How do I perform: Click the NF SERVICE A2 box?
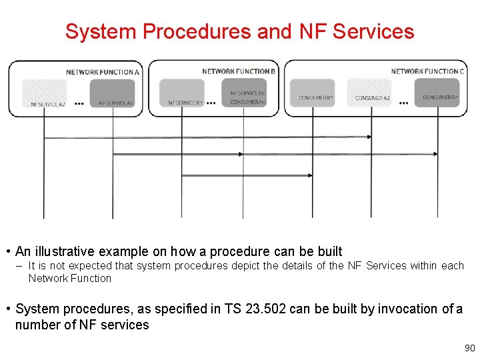pyautogui.click(x=44, y=94)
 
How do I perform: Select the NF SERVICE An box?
pyautogui.click(x=112, y=94)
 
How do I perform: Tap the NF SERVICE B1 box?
pyautogui.click(x=182, y=94)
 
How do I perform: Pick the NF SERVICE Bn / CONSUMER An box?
pyautogui.click(x=244, y=93)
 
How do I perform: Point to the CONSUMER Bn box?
pyautogui.click(x=437, y=93)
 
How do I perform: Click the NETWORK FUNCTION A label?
pyautogui.click(x=103, y=71)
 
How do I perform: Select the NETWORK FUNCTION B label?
pyautogui.click(x=239, y=71)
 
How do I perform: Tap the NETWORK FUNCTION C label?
pyautogui.click(x=427, y=71)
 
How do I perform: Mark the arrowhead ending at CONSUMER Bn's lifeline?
pyautogui.click(x=435, y=154)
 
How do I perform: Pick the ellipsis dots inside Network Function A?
pyautogui.click(x=79, y=103)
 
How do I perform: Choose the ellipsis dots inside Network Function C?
pyautogui.click(x=404, y=103)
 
